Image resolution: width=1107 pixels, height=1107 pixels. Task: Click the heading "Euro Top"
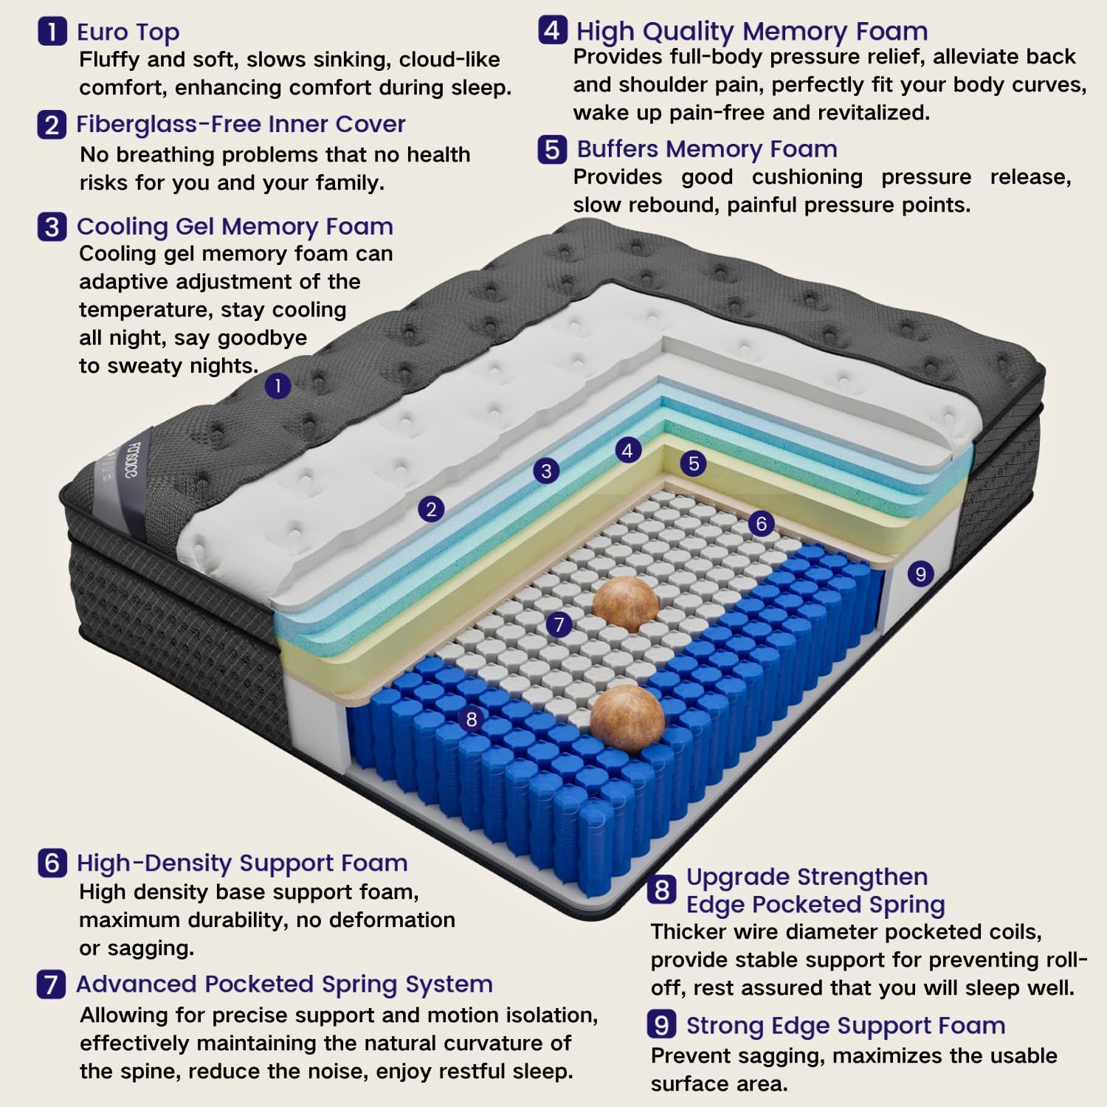click(x=128, y=32)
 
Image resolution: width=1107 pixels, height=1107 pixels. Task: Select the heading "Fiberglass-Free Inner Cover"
click(x=241, y=124)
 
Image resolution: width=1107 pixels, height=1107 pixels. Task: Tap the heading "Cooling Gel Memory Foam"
click(x=235, y=226)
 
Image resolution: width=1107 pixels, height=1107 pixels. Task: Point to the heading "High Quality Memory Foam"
click(x=751, y=31)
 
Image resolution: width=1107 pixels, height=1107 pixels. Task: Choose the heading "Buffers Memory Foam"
click(x=706, y=149)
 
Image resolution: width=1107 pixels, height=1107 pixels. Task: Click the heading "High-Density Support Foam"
click(x=242, y=863)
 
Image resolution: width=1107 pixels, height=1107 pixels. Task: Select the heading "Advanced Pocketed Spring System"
click(x=284, y=984)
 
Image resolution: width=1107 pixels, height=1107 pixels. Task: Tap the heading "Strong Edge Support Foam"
click(x=846, y=1025)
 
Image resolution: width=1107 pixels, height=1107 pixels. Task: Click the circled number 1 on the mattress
click(x=277, y=385)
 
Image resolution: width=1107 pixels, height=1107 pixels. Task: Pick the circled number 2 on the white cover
click(x=431, y=508)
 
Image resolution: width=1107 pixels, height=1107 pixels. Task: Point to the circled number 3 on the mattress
click(x=546, y=471)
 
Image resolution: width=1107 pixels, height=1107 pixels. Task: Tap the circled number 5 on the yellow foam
click(x=693, y=463)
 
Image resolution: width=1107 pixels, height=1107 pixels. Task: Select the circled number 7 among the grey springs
click(x=559, y=624)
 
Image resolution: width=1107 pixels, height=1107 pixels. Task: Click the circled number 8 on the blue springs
click(x=472, y=719)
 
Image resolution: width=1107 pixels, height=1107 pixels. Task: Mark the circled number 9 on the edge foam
click(x=920, y=573)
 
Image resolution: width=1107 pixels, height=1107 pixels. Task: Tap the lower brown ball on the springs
click(x=627, y=719)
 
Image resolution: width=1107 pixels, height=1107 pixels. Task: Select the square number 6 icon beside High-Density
click(x=52, y=863)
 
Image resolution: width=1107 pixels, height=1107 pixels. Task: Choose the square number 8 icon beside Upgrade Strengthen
click(x=662, y=890)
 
